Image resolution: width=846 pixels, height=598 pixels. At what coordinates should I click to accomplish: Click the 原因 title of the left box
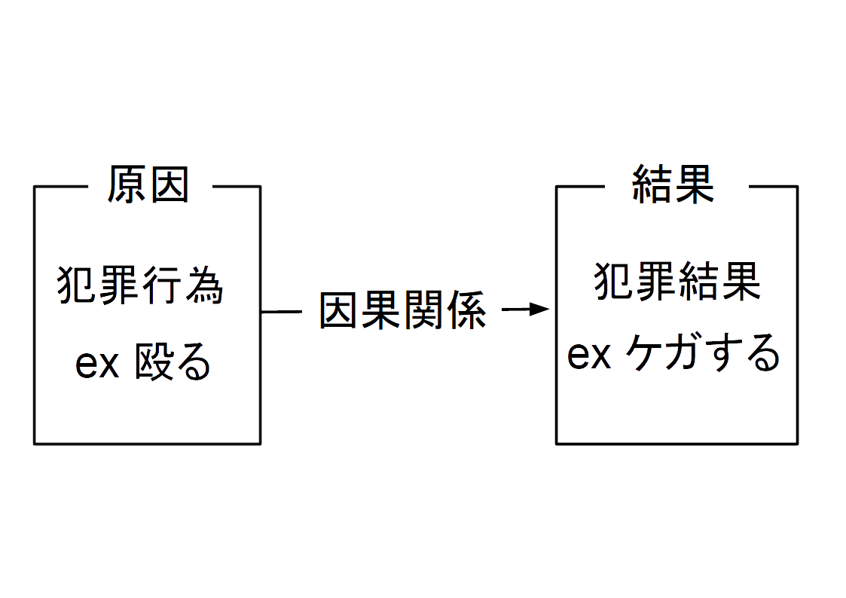coord(148,185)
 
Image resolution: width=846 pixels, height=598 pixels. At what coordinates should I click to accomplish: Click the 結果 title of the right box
coord(673,185)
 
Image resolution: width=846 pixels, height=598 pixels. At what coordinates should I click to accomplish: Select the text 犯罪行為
coord(140,287)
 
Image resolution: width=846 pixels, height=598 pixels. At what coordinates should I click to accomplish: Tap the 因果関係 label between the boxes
coord(403,310)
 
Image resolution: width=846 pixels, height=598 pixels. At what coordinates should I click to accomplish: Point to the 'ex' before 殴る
coord(97,365)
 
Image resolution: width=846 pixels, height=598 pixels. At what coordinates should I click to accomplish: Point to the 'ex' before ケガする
coord(588,355)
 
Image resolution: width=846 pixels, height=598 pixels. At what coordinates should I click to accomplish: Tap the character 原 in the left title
coord(127,185)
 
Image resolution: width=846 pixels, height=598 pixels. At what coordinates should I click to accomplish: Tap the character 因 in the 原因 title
coord(169,185)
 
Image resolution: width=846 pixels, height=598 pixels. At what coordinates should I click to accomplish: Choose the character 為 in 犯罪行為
coord(203,287)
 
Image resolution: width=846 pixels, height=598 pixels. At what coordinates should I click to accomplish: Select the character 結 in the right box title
coord(652,185)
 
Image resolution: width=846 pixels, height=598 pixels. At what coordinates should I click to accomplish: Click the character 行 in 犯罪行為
coord(161,287)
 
